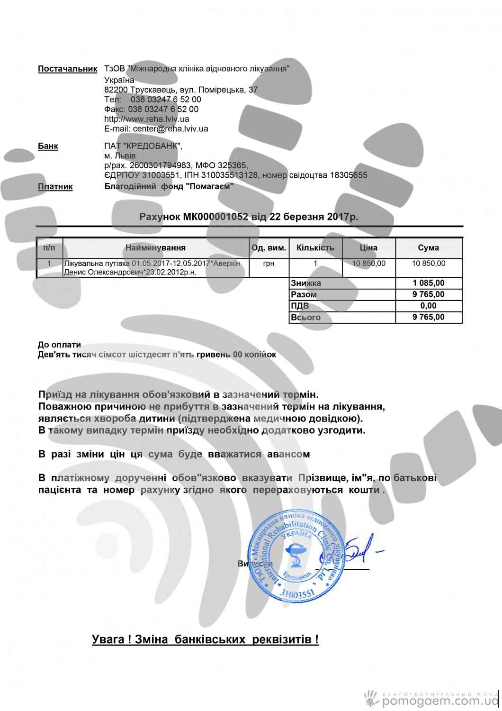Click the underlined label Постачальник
67,69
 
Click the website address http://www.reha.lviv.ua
147,119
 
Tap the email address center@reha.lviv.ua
170,128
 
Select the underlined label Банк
48,146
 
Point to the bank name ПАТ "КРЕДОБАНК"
143,146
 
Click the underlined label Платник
55,187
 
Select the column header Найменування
155,248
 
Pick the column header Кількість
315,248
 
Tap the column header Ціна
368,248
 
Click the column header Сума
428,248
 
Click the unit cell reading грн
268,263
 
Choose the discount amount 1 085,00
429,283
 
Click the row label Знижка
306,283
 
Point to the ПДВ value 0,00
429,306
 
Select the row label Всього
306,317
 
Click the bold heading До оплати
59,345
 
